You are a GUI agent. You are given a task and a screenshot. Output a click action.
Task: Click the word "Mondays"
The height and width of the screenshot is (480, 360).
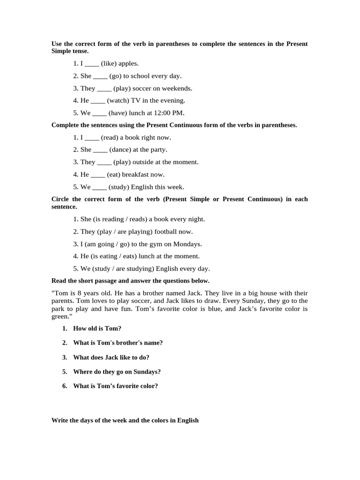(187, 244)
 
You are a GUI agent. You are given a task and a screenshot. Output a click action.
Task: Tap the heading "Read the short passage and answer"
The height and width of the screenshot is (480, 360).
(130, 281)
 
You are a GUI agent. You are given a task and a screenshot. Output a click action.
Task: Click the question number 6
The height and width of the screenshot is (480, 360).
(65, 386)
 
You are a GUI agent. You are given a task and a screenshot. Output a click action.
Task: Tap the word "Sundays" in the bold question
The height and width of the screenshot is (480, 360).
(145, 372)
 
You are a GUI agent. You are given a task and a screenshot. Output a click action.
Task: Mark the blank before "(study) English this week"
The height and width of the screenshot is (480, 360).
(100, 187)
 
